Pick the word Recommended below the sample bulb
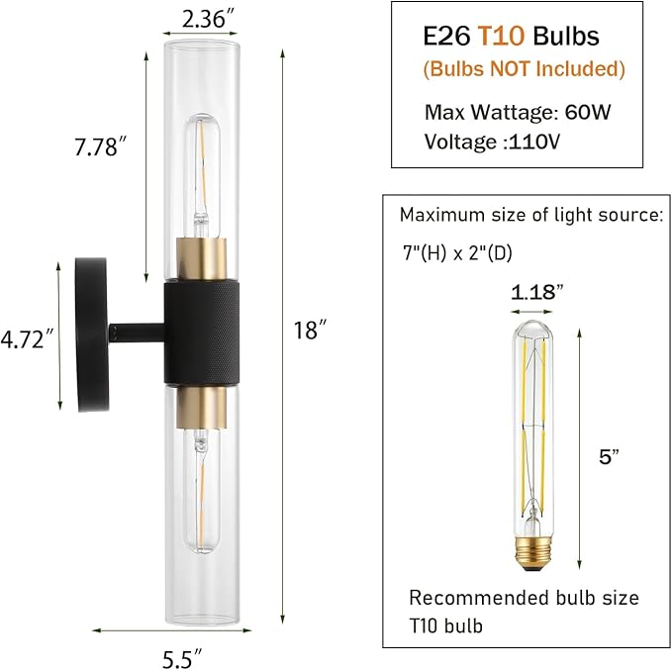point(469,598)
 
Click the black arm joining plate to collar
point(136,332)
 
